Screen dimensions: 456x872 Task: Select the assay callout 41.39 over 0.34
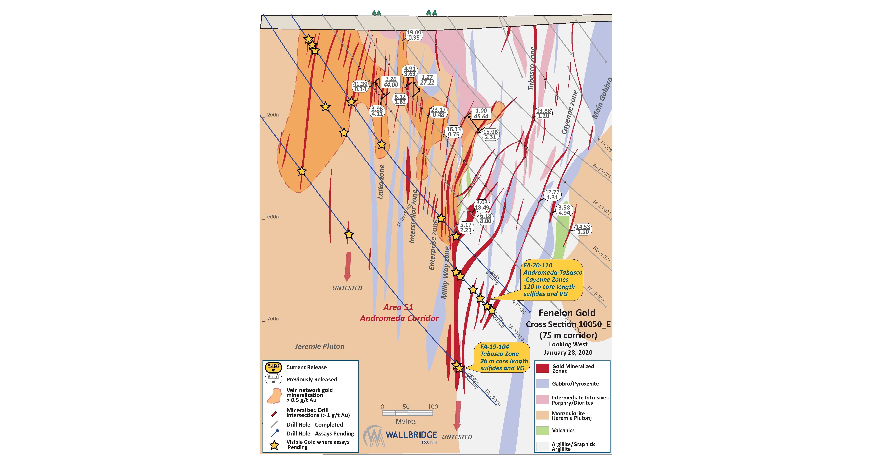360,86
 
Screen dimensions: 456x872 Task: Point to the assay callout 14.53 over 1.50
583,229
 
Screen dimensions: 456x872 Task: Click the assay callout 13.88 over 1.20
543,113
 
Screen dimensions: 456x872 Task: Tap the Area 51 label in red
398,307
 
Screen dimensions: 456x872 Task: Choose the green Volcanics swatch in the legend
542,430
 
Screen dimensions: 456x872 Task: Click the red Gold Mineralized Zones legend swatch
542,369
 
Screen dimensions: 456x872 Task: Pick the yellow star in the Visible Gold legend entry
274,445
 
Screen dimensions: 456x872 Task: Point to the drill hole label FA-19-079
603,144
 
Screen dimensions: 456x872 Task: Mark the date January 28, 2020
568,353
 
